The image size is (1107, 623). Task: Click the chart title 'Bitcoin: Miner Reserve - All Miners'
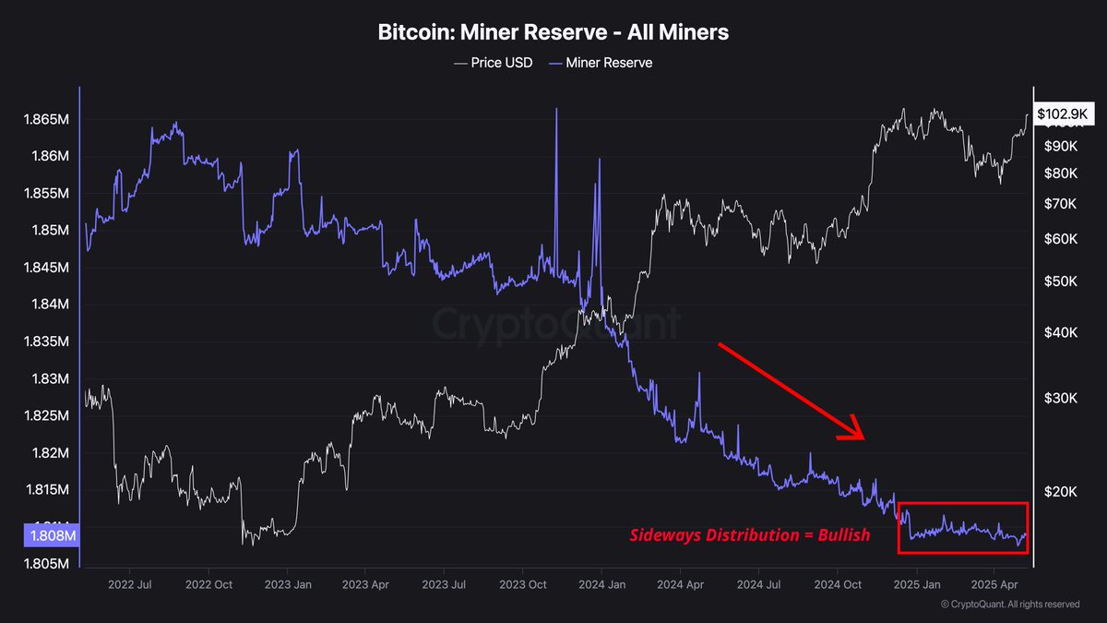point(553,32)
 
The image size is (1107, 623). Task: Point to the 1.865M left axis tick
point(46,120)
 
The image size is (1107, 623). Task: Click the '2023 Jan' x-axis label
point(289,584)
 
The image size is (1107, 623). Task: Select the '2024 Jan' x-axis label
point(601,584)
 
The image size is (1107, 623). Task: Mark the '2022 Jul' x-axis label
point(130,584)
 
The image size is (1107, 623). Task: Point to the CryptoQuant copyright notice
point(1010,605)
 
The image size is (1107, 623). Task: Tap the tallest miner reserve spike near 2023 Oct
point(556,111)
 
